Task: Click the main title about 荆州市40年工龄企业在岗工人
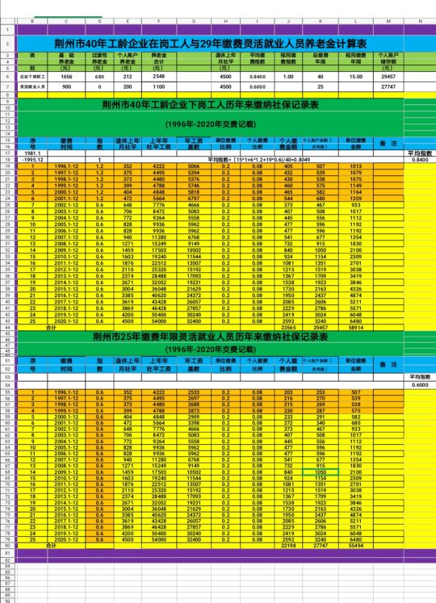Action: coord(218,42)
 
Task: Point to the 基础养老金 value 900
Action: coord(66,86)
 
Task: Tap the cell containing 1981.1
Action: coord(33,153)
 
